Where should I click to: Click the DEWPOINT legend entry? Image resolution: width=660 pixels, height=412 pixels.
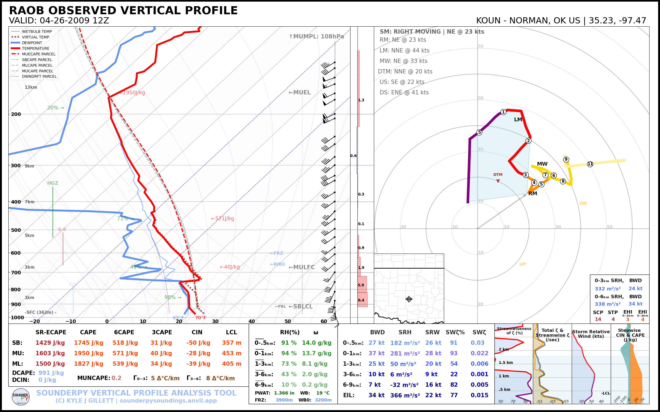32,43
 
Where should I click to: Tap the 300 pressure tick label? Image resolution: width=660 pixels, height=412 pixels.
16,165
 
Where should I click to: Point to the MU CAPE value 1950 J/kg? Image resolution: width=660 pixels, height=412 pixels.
88,353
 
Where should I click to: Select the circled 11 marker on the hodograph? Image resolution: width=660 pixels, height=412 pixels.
590,164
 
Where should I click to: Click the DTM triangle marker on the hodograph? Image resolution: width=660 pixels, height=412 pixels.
498,181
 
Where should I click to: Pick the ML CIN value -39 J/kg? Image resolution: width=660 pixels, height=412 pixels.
198,364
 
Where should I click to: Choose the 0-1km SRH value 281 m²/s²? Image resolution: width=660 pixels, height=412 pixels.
405,353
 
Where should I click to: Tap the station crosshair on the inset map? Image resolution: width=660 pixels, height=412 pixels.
409,299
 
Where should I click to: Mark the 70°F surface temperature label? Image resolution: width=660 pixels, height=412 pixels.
201,318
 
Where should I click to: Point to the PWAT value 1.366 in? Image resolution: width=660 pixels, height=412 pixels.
284,393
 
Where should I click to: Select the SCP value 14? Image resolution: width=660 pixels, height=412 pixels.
598,319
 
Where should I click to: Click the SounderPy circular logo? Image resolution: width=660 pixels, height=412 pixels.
21,397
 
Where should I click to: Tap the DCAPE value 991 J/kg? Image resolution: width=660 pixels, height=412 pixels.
51,373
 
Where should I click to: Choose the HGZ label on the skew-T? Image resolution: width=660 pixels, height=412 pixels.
53,183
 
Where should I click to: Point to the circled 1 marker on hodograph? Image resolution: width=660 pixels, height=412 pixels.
503,112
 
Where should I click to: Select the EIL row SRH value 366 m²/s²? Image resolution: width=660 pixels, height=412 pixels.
405,395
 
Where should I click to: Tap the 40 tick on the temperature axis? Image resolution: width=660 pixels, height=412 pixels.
251,321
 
